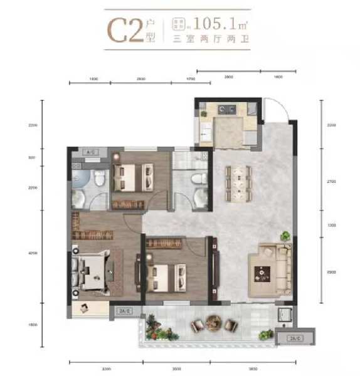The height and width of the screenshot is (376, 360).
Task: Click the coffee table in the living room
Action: [260, 273]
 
